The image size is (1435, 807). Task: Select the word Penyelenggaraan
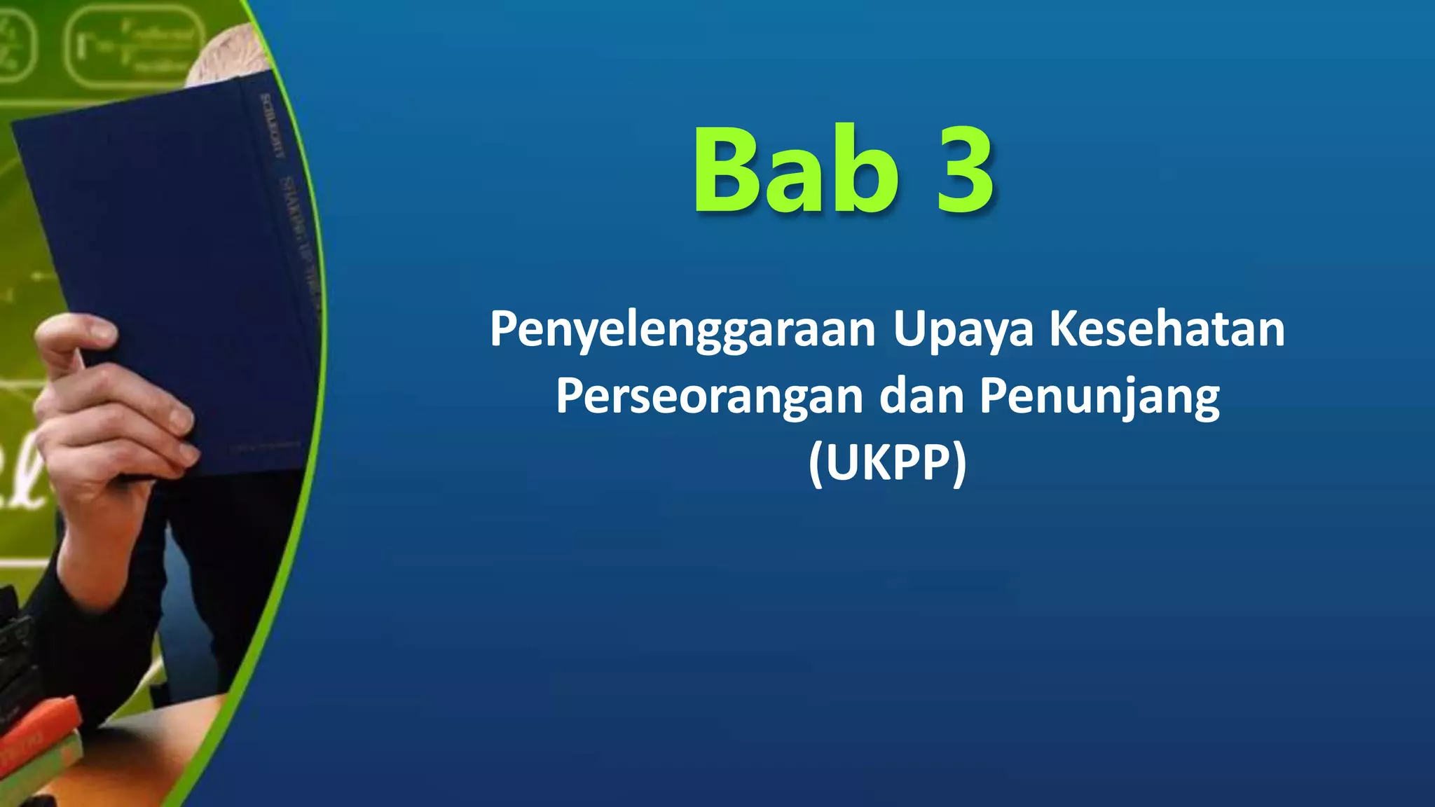click(682, 329)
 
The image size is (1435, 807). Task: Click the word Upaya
click(963, 329)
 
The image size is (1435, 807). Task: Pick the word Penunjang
click(1099, 396)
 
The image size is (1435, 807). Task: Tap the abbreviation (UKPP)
click(887, 463)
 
